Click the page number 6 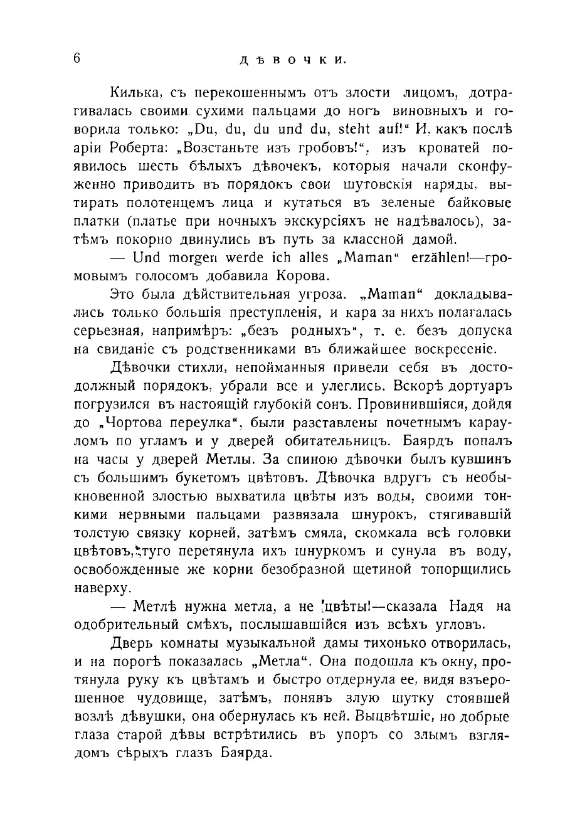[77, 58]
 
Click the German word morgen [191, 258]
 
